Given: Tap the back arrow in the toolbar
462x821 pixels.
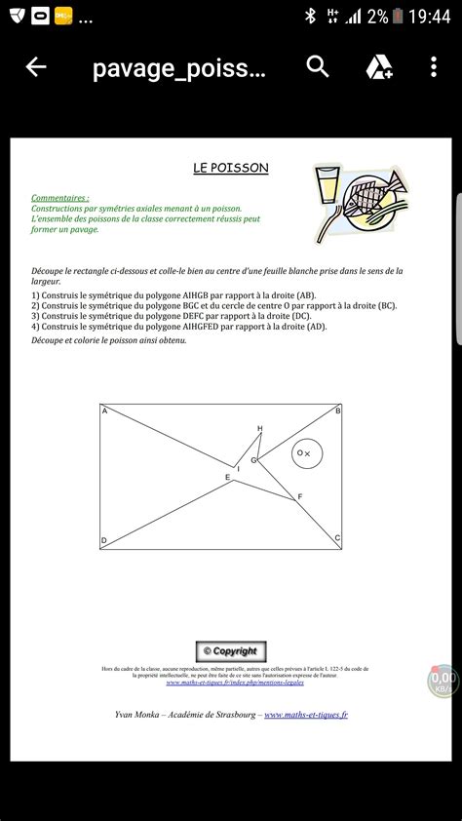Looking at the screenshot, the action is [36, 67].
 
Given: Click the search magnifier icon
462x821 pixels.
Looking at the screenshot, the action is [318, 66].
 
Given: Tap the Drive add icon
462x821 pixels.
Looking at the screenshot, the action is [378, 67].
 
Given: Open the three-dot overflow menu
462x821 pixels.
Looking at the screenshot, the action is [435, 67].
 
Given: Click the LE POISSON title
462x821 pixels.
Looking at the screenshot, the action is [230, 168].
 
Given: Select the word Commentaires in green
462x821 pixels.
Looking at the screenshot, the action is [59, 197].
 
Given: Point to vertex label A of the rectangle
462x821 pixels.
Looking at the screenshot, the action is [105, 411].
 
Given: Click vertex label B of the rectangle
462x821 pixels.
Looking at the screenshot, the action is [337, 411].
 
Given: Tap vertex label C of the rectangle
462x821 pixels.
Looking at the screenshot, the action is [337, 538].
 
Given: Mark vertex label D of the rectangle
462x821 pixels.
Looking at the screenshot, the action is [104, 540].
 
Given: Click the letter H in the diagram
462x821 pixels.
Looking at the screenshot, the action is [260, 429].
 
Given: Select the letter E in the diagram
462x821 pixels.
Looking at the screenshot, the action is [227, 477].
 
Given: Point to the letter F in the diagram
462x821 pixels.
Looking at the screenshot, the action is [299, 497].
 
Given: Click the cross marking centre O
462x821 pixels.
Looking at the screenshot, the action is [308, 453].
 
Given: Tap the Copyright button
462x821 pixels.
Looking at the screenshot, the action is [230, 651].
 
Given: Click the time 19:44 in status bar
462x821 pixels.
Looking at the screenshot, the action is [429, 17].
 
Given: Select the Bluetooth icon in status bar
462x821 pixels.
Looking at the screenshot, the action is [310, 17].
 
